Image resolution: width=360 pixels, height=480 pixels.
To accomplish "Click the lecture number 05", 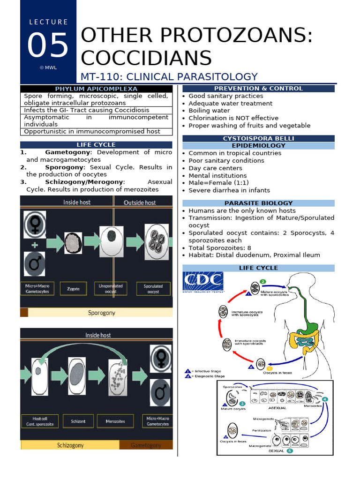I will pyautogui.click(x=48, y=45).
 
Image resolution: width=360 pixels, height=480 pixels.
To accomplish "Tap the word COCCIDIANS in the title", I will pyautogui.click(x=146, y=58).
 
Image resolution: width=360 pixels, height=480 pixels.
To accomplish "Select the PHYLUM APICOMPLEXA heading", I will pyautogui.click(x=96, y=89).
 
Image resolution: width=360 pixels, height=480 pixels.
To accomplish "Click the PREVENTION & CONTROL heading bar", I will pyautogui.click(x=258, y=88).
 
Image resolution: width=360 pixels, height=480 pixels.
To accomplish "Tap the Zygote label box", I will pyautogui.click(x=73, y=289).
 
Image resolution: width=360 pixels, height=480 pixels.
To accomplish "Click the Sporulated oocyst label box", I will pyautogui.click(x=153, y=289).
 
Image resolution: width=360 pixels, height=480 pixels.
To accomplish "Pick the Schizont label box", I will pyautogui.click(x=78, y=421).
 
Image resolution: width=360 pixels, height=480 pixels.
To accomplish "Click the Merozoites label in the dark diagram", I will pyautogui.click(x=115, y=421).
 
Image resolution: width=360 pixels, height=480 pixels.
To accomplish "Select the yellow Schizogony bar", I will pyautogui.click(x=70, y=445).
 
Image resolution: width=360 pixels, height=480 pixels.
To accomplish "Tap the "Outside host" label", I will pyautogui.click(x=140, y=202).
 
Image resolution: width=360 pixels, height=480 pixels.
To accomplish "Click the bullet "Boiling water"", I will pyautogui.click(x=209, y=111).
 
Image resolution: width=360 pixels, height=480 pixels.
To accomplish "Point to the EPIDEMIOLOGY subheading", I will pyautogui.click(x=258, y=146).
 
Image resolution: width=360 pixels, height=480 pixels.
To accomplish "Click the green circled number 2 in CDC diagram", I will pyautogui.click(x=263, y=281).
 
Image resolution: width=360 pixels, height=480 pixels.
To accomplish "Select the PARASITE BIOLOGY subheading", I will pyautogui.click(x=258, y=203).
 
